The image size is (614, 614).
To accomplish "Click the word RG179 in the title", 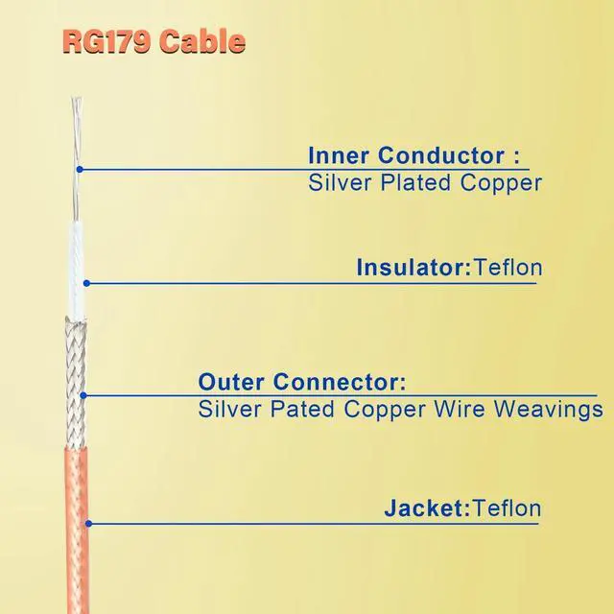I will (106, 41).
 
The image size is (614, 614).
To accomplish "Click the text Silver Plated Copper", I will (425, 182).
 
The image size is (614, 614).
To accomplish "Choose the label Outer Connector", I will (302, 382).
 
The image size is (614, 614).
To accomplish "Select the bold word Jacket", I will (424, 508).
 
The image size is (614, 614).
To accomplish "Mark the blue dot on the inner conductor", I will (80, 170).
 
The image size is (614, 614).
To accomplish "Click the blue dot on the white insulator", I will (85, 282).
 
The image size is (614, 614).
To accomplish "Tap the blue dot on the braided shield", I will (83, 394).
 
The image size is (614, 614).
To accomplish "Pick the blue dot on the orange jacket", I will (88, 523).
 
